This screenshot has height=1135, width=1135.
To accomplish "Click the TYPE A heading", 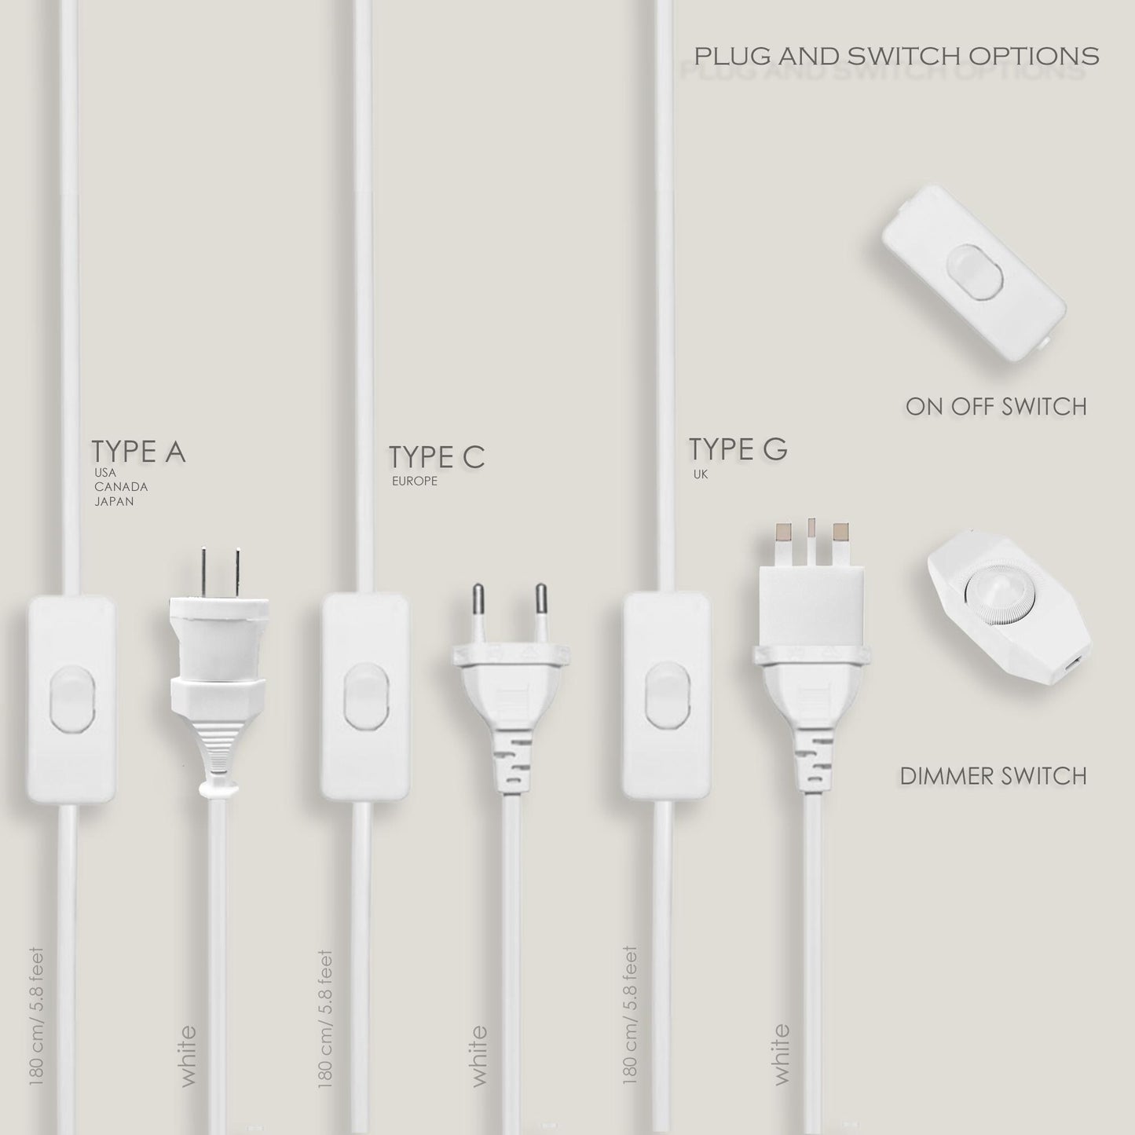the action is pos(138,452).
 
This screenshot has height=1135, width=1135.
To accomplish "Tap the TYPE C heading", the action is pos(437,458).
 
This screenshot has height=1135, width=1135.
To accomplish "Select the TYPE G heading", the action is pos(738,449).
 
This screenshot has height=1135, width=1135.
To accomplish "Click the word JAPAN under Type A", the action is pos(114,502).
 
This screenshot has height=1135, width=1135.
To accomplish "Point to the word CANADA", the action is pos(121,487).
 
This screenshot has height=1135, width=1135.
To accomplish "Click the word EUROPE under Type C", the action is pos(415,481).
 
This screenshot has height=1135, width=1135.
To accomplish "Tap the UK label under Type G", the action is pos(701,474).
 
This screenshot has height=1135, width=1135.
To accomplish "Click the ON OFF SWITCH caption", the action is pos(996,406).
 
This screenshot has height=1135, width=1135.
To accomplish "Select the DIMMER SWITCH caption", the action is pos(993,776).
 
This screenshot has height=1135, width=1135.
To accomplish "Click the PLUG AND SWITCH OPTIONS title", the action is pos(896,57).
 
